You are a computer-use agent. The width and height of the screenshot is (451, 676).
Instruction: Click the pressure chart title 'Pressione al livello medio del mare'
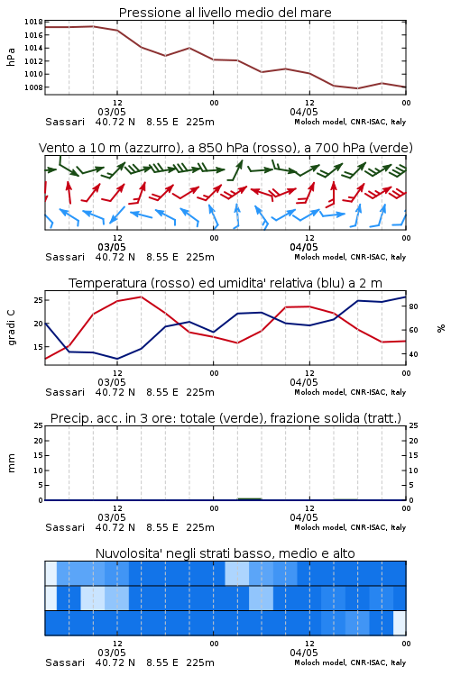click(225, 13)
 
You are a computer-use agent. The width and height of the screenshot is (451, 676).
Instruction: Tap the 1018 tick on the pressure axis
click(33, 22)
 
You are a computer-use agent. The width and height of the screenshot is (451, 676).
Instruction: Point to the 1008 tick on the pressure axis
click(33, 87)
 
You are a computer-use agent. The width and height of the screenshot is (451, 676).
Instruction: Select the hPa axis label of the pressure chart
click(11, 57)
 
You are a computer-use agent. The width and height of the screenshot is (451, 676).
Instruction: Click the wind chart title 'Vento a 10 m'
click(225, 148)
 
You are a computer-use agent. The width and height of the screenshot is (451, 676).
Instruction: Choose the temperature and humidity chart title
click(225, 283)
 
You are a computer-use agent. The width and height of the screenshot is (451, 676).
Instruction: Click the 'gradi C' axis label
click(11, 327)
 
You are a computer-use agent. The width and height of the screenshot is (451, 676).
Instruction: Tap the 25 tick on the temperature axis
click(38, 300)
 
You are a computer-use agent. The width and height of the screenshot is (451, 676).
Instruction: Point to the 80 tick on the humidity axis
click(413, 306)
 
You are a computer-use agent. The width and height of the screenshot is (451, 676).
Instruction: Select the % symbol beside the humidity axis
click(441, 328)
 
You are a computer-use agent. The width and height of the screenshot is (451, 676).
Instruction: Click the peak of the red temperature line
click(141, 297)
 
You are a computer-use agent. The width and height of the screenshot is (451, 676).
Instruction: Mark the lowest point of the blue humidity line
click(117, 359)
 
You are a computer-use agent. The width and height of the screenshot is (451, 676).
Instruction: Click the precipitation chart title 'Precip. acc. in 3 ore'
click(225, 418)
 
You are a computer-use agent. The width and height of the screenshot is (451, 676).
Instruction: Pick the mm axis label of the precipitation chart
click(11, 463)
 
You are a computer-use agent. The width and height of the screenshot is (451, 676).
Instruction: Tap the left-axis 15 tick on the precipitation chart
click(38, 456)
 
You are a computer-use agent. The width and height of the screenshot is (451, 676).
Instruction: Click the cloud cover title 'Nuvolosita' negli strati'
click(225, 553)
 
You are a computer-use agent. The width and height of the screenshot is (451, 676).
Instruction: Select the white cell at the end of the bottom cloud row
click(400, 623)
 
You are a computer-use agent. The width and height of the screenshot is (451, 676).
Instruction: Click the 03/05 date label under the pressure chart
click(112, 112)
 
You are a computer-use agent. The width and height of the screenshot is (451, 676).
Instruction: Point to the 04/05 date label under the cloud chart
click(304, 653)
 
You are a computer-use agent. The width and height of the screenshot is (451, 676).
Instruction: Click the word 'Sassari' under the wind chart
click(65, 258)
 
